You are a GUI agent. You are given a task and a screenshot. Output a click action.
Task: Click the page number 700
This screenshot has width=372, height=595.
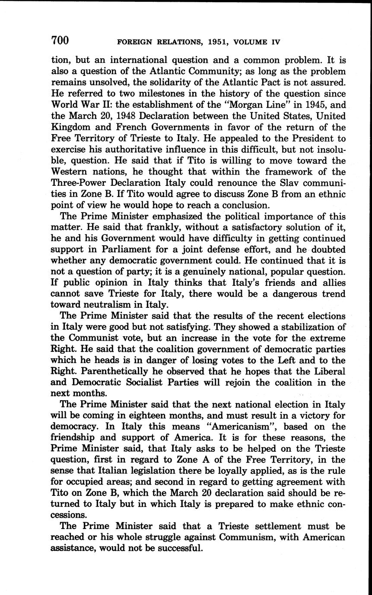(60, 41)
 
